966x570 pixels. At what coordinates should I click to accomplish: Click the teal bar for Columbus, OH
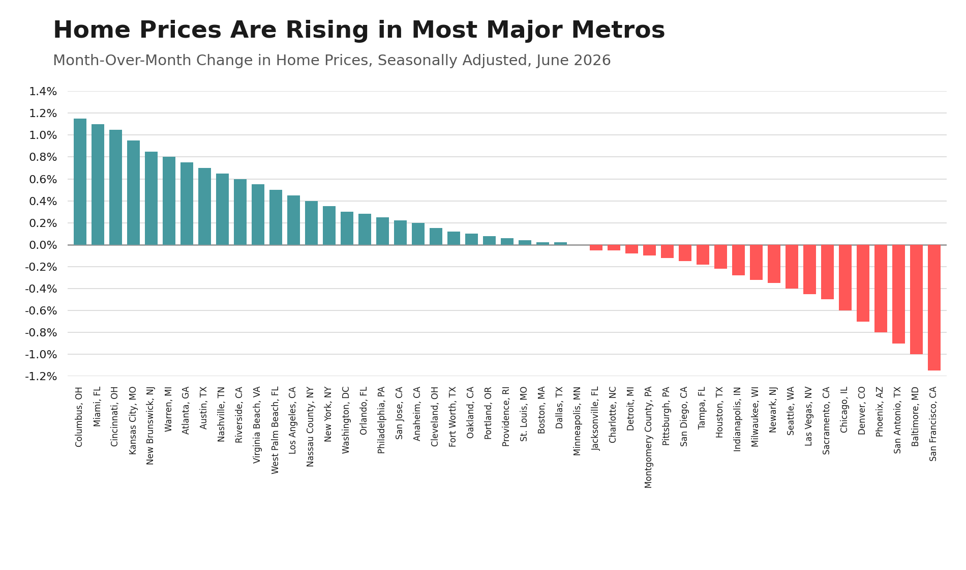coord(80,182)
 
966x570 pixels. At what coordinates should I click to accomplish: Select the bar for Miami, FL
coord(98,184)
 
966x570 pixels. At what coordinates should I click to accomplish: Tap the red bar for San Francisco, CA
coord(934,307)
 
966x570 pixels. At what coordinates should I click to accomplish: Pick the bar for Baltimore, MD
coord(916,299)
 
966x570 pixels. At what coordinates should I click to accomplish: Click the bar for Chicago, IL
coord(845,277)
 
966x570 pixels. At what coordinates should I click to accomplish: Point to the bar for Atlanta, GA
coord(187,204)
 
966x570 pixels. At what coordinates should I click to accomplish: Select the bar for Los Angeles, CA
coord(293,220)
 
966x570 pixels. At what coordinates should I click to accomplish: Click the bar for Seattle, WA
coord(792,267)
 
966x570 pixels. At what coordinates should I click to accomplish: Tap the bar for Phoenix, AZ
coord(881,289)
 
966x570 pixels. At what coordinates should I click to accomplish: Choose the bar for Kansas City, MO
coord(133,192)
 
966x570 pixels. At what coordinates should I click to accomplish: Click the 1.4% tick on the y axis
coord(43,92)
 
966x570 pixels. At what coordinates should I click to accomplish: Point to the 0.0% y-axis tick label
coord(43,245)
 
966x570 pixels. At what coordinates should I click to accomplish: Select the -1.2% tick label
coord(41,376)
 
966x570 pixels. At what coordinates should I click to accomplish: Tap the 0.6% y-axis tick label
coord(43,179)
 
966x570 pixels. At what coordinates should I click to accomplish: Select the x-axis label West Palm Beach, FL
coord(275,431)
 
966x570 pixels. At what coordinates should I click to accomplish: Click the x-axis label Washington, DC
coord(346,420)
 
